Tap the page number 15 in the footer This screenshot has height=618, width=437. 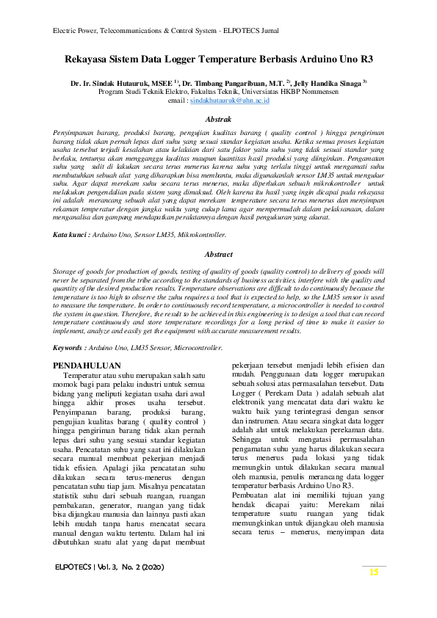[374, 572]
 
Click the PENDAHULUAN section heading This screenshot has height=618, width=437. [87, 365]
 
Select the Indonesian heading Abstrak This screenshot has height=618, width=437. [219, 118]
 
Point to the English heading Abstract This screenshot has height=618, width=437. [219, 255]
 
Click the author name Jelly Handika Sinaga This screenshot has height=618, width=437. [328, 84]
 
